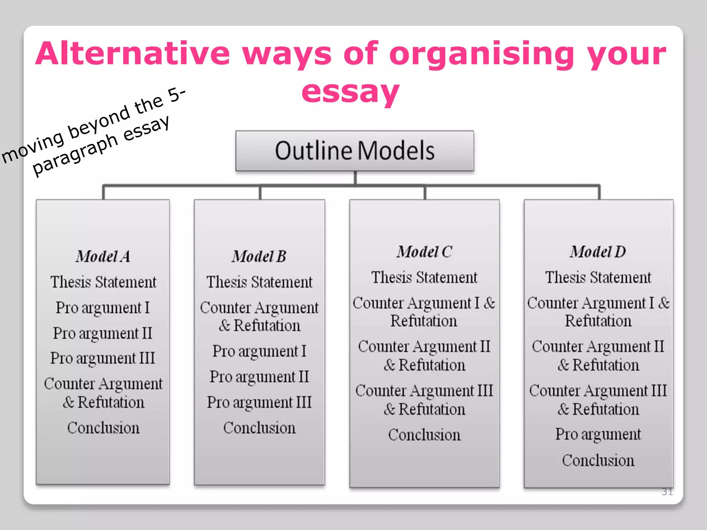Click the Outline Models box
click(x=355, y=151)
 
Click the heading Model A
click(x=103, y=256)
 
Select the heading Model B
click(x=259, y=256)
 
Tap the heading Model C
click(x=424, y=252)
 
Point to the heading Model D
click(x=598, y=252)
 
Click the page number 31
click(x=667, y=492)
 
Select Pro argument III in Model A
click(x=103, y=358)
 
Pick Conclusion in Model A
click(x=103, y=428)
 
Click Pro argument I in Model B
click(x=259, y=351)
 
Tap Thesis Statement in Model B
click(x=259, y=282)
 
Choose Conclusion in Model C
click(x=424, y=435)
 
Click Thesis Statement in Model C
click(x=424, y=277)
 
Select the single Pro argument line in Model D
click(x=598, y=434)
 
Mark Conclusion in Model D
click(x=598, y=460)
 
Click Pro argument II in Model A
click(x=103, y=333)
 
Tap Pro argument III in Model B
click(x=259, y=402)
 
